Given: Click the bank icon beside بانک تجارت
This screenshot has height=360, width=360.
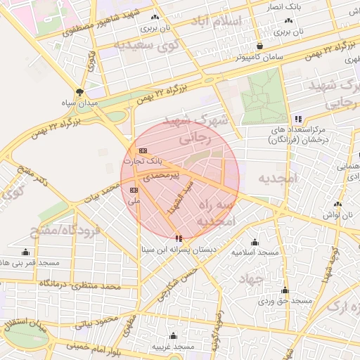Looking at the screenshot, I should [x=143, y=150].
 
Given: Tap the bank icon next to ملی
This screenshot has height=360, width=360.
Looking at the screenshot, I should [x=134, y=190].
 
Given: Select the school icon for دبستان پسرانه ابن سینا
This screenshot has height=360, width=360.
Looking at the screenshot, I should [x=178, y=239].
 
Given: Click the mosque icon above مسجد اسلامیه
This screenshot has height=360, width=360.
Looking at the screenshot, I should [x=255, y=242].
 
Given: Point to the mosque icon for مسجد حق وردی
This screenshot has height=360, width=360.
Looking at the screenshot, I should [x=285, y=290].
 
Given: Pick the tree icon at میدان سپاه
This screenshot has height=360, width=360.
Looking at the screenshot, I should [x=79, y=92].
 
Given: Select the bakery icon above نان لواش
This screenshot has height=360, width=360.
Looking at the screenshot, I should [x=338, y=205].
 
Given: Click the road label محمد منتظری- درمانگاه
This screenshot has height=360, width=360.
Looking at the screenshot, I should [x=77, y=283].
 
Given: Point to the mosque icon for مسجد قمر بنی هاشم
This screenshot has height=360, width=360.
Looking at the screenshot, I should [x=26, y=252].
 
